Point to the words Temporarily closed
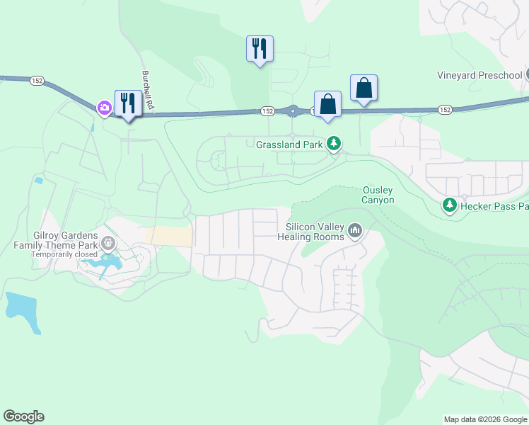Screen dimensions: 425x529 coord(64,254)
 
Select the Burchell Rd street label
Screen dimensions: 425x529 coord(147,90)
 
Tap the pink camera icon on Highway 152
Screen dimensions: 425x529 coord(105,107)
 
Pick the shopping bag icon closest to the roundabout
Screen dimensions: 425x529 coord(328,104)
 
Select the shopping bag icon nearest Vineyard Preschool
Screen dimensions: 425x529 coord(364,89)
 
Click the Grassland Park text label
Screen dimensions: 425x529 coord(289,144)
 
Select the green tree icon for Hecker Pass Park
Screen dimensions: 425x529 coord(448,205)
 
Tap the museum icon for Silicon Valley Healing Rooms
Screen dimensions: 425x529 coord(355,231)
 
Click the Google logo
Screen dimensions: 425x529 coord(23,416)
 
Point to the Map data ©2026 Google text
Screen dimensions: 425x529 coord(485,419)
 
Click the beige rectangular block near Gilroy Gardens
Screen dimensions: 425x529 coord(168,237)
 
